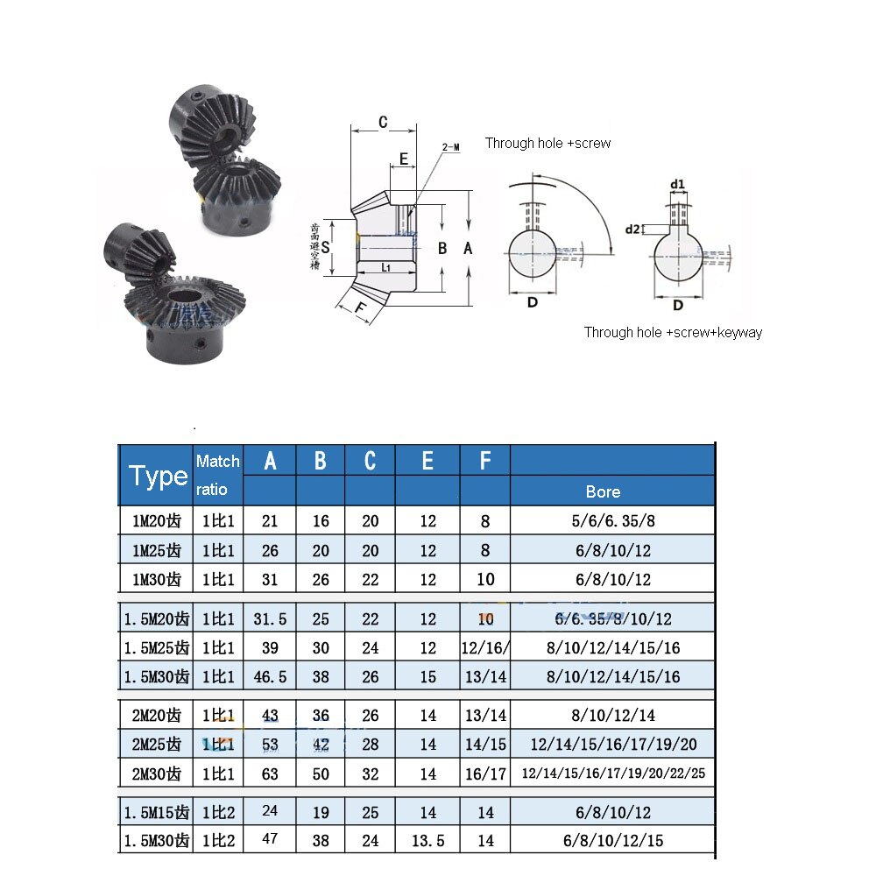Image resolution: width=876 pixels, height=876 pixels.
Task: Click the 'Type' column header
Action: pyautogui.click(x=158, y=476)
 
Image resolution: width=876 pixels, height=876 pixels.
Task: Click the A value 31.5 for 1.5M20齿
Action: pyautogui.click(x=270, y=619)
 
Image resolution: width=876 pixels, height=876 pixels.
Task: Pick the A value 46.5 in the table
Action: pyautogui.click(x=270, y=676)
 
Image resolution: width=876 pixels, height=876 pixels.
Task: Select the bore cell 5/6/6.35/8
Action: pyautogui.click(x=612, y=521)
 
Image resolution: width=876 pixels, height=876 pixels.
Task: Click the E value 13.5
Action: pyautogui.click(x=427, y=841)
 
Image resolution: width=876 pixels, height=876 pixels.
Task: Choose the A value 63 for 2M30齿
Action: pyautogui.click(x=270, y=774)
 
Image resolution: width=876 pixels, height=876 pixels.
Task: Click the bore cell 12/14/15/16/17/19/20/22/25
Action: pyautogui.click(x=612, y=774)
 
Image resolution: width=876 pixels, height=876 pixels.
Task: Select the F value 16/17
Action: pyautogui.click(x=485, y=774)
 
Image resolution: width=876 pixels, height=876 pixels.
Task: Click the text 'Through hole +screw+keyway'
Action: pyautogui.click(x=673, y=332)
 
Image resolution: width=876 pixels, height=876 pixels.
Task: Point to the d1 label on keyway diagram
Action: pyautogui.click(x=677, y=184)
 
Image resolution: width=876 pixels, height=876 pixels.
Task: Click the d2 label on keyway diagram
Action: pyautogui.click(x=632, y=230)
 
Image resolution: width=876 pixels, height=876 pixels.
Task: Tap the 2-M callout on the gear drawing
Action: pyautogui.click(x=451, y=148)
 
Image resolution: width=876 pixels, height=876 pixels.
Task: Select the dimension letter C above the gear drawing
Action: pyautogui.click(x=383, y=122)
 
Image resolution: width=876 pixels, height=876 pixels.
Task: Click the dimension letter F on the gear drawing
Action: pyautogui.click(x=359, y=307)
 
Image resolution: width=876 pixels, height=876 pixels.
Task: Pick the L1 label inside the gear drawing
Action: pyautogui.click(x=386, y=266)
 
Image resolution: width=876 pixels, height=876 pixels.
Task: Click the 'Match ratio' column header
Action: pyautogui.click(x=217, y=476)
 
